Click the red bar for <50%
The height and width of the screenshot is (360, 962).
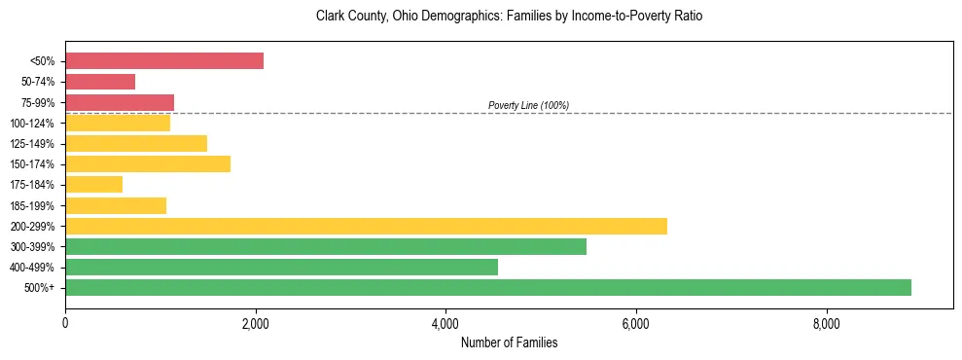pyautogui.click(x=164, y=61)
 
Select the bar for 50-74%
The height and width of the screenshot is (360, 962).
pyautogui.click(x=100, y=82)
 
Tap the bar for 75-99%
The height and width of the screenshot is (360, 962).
pyautogui.click(x=120, y=102)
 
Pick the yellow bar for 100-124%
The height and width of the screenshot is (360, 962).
pyautogui.click(x=118, y=123)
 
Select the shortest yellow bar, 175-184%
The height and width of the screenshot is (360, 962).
pyautogui.click(x=93, y=184)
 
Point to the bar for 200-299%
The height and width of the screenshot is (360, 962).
pyautogui.click(x=366, y=226)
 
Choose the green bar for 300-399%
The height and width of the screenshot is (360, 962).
pyautogui.click(x=326, y=246)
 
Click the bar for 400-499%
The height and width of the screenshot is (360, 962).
pyautogui.click(x=281, y=267)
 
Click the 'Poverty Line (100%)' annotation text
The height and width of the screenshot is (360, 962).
pyautogui.click(x=528, y=105)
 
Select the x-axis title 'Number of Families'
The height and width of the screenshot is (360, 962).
pyautogui.click(x=509, y=342)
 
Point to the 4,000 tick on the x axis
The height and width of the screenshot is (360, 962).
pyautogui.click(x=445, y=324)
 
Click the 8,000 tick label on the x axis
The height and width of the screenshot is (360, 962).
pyautogui.click(x=826, y=324)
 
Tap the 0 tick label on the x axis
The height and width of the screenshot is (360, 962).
pyautogui.click(x=65, y=324)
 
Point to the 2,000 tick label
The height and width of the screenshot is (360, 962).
pyautogui.click(x=255, y=324)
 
